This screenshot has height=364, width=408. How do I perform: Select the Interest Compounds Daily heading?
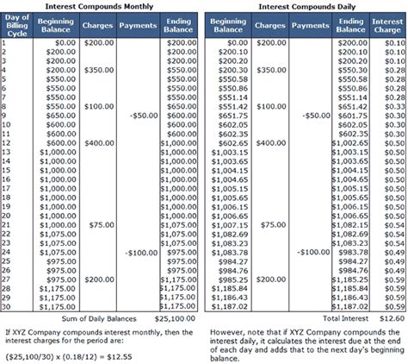pos(303,6)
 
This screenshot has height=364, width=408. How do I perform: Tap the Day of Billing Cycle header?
pos(17,25)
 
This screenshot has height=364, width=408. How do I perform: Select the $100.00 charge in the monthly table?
pos(100,104)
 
